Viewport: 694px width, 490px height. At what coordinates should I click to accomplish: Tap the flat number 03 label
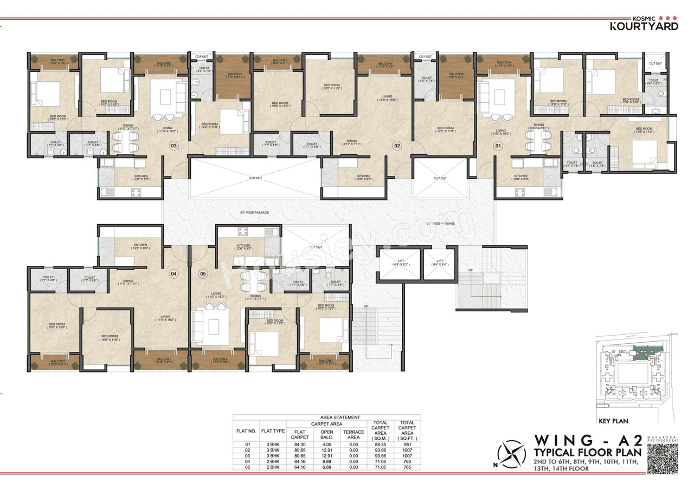(174, 145)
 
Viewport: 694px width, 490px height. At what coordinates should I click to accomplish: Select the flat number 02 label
(397, 145)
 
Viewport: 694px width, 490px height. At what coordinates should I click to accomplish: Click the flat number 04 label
(174, 273)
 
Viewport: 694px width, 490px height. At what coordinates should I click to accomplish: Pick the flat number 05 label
(203, 273)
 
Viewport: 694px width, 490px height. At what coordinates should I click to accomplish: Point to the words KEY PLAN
(613, 421)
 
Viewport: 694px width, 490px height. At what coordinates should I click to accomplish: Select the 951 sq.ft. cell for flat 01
(407, 445)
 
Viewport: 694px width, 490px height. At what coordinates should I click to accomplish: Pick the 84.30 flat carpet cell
(300, 445)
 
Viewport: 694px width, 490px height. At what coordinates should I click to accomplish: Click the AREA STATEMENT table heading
(340, 417)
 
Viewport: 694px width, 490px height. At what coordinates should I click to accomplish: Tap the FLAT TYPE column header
(273, 432)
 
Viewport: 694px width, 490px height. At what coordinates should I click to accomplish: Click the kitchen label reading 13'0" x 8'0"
(520, 178)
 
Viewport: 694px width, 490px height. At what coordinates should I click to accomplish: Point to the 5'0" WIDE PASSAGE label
(254, 213)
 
